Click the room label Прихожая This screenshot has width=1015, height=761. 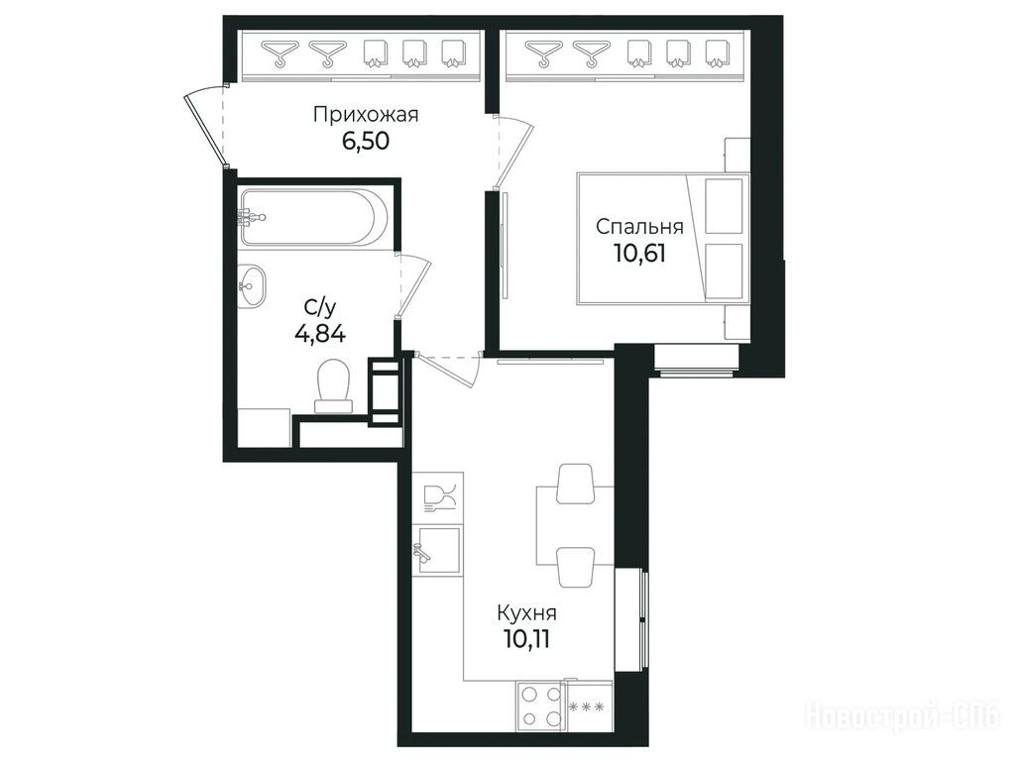[366, 115]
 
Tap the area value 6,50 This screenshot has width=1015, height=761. [366, 141]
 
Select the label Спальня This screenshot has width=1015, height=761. [639, 227]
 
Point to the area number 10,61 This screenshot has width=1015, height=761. [639, 253]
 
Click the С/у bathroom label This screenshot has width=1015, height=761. [320, 308]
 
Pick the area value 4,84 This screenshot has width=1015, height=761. [320, 335]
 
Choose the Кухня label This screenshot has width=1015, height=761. [527, 612]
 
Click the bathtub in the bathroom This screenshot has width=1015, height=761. [314, 217]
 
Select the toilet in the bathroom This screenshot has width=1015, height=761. [333, 385]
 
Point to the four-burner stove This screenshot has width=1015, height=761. [540, 706]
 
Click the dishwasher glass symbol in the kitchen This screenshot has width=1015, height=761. [439, 498]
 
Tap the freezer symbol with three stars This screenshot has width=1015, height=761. [589, 707]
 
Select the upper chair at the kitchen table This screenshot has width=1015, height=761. [576, 484]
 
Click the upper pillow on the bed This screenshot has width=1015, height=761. [724, 206]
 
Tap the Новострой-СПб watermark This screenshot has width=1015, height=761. [904, 717]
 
